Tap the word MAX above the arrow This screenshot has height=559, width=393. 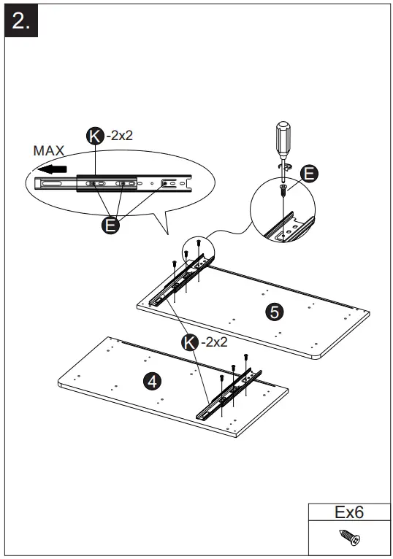pyautogui.click(x=49, y=150)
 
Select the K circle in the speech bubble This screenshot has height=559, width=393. pyautogui.click(x=95, y=135)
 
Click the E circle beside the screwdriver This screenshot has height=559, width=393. pyautogui.click(x=309, y=173)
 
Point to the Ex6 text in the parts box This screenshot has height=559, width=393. pyautogui.click(x=348, y=512)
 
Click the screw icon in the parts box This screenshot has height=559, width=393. pyautogui.click(x=348, y=539)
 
